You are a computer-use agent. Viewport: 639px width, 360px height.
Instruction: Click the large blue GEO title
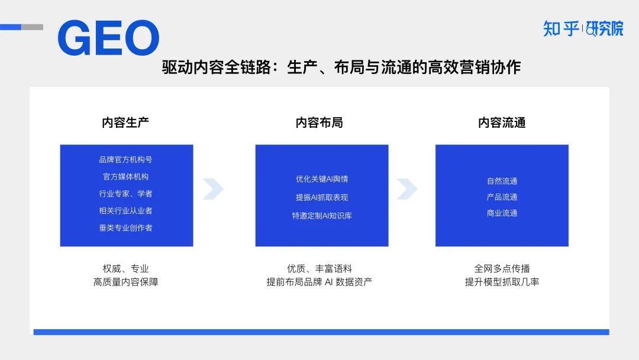(108, 38)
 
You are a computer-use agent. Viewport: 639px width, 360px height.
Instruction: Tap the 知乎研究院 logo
(583, 28)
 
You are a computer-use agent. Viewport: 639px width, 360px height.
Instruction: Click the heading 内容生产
(125, 123)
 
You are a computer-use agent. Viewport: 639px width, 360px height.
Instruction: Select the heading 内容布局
(319, 123)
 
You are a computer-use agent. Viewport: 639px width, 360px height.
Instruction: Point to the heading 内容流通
(502, 123)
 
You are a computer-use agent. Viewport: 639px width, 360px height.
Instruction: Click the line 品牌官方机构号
(125, 159)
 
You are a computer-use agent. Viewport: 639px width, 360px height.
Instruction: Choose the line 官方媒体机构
(125, 176)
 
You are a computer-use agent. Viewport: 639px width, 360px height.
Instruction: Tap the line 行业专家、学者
(125, 194)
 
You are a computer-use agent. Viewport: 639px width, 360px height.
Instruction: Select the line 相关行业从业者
(125, 210)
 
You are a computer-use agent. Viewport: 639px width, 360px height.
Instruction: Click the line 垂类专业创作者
(125, 227)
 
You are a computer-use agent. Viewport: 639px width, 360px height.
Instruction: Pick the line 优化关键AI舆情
(322, 179)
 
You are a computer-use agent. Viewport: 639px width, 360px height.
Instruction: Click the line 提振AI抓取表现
(322, 197)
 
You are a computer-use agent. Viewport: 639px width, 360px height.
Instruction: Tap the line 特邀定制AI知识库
(322, 216)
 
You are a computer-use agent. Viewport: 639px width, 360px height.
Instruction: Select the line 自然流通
(502, 181)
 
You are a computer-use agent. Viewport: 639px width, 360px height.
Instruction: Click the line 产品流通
(502, 197)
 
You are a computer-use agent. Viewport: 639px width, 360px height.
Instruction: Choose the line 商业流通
(502, 213)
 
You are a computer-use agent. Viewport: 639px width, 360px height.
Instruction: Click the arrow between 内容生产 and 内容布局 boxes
(212, 189)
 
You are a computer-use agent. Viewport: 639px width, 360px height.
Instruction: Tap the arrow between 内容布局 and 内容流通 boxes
(406, 189)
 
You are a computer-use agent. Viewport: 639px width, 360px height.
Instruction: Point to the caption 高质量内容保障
(125, 282)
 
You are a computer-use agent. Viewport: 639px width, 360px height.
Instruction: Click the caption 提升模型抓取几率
(502, 282)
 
